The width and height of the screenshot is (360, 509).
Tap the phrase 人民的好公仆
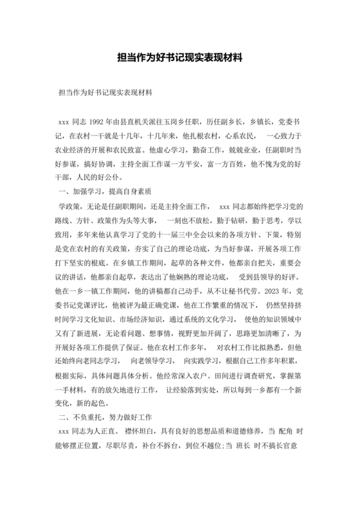(101, 177)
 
